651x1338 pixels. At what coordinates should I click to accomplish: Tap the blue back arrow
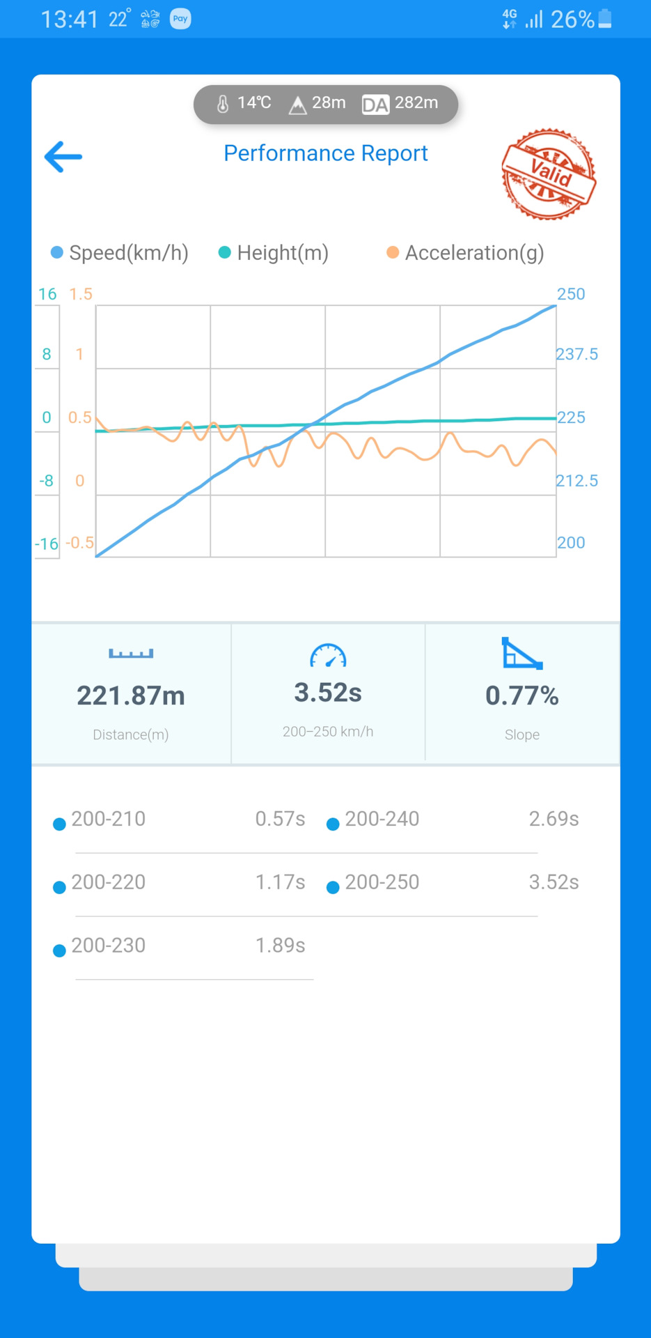click(63, 157)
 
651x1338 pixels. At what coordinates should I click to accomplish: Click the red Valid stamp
click(549, 174)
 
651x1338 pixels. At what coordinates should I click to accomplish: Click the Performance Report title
click(325, 153)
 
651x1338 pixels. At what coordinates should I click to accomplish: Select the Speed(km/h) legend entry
click(120, 253)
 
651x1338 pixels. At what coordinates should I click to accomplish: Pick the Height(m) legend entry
click(274, 253)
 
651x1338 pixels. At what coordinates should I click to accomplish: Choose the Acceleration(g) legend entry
click(466, 253)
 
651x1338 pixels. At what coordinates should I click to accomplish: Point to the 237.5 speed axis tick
click(577, 354)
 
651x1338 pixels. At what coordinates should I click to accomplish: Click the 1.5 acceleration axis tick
click(81, 294)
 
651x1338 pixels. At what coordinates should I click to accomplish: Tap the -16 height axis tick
click(47, 544)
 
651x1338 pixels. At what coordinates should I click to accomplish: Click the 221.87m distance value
click(131, 695)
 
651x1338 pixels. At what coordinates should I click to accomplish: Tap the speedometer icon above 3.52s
click(328, 656)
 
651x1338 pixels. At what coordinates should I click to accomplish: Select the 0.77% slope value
click(521, 695)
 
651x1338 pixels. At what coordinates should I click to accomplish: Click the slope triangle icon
click(521, 654)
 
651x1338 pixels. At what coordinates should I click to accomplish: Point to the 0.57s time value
click(280, 819)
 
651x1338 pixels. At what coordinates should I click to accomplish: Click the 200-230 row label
click(109, 946)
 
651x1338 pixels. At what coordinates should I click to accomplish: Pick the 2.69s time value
click(554, 819)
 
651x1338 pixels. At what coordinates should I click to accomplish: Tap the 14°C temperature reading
click(253, 103)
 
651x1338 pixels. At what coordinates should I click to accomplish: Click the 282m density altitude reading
click(416, 103)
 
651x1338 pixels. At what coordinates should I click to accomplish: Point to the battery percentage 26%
click(572, 20)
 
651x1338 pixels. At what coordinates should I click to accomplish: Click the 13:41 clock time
click(70, 20)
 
